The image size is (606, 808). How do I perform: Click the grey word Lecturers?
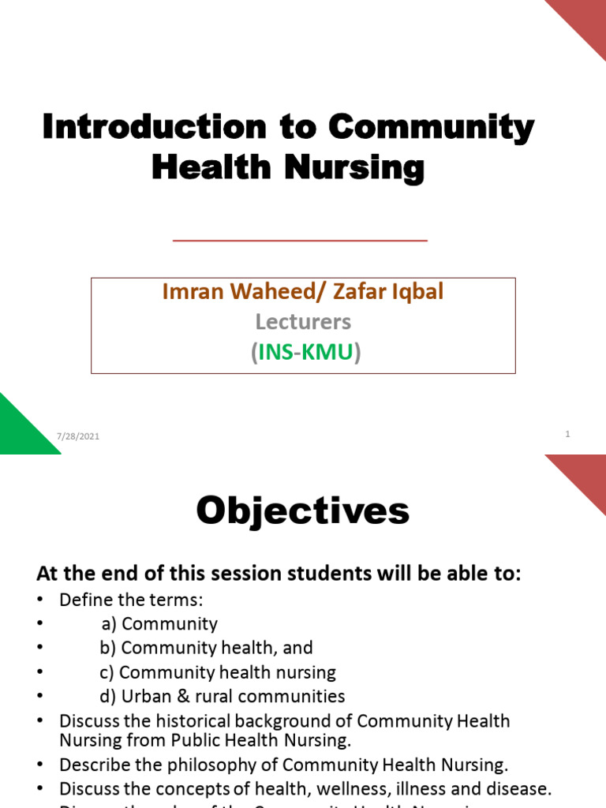[x=303, y=322]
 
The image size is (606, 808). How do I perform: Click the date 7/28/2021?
[x=78, y=436]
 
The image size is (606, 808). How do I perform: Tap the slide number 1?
[x=567, y=434]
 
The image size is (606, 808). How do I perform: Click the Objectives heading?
[x=303, y=511]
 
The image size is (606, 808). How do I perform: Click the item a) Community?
[x=159, y=624]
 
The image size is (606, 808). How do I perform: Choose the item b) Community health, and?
[x=206, y=648]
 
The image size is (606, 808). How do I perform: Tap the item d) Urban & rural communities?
[x=223, y=696]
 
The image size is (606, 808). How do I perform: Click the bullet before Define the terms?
[x=42, y=600]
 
